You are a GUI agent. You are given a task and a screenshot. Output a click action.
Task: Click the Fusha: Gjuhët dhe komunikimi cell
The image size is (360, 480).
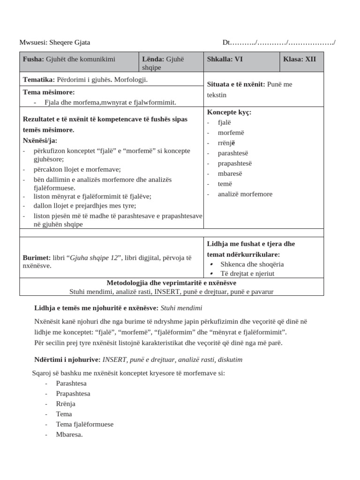[69, 59]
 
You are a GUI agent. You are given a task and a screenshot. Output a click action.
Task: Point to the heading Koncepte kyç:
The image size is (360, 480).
[229, 112]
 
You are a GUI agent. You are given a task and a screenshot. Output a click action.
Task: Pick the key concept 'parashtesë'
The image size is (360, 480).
[233, 153]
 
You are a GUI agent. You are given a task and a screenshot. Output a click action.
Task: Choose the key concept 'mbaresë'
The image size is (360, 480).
[230, 173]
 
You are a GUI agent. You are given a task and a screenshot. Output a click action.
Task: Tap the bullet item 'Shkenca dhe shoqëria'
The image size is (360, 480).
[252, 264]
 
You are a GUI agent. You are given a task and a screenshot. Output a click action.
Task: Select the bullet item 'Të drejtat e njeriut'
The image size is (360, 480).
[247, 273]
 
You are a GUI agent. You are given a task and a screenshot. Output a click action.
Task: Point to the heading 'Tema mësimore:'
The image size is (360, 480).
[49, 92]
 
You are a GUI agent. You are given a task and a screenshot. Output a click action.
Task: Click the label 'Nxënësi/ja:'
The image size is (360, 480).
[40, 140]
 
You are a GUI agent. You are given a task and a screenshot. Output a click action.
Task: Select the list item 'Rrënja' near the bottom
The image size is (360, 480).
[66, 404]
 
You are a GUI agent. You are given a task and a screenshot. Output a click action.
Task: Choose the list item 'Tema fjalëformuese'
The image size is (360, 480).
[84, 424]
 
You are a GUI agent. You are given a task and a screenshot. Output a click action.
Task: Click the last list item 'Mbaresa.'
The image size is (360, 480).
[69, 435]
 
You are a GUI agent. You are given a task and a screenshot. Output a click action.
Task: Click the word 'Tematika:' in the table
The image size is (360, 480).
[39, 80]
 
